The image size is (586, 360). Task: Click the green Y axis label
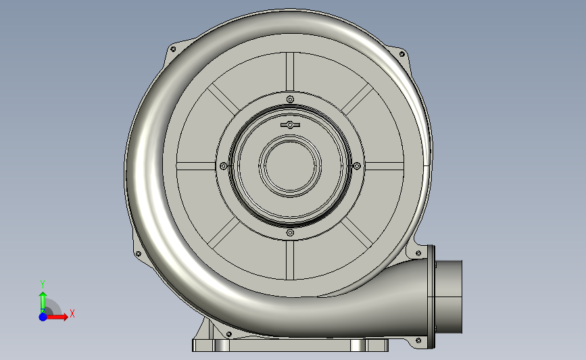click(42, 284)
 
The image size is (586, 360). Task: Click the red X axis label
click(72, 313)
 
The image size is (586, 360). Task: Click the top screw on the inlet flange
click(290, 99)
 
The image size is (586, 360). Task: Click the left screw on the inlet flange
click(223, 166)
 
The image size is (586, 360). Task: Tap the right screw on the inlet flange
click(357, 165)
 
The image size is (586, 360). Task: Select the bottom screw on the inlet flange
click(290, 232)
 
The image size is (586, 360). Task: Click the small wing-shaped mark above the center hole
click(289, 126)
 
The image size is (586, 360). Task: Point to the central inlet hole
click(291, 166)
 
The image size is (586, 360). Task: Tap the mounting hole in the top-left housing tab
click(172, 49)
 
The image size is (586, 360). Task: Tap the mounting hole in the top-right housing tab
click(403, 53)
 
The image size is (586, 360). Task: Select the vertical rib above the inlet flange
click(290, 72)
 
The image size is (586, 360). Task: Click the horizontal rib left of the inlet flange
click(196, 166)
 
